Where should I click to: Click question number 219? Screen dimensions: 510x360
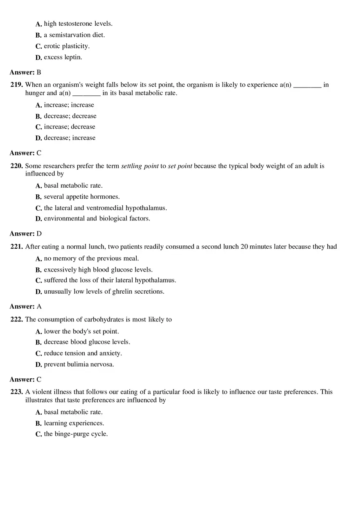pyautogui.click(x=17, y=85)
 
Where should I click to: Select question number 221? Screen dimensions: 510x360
pyautogui.click(x=17, y=247)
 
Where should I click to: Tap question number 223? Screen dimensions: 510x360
pyautogui.click(x=17, y=392)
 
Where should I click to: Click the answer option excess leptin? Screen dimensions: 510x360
pyautogui.click(x=63, y=57)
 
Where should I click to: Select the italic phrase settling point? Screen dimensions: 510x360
pyautogui.click(x=140, y=166)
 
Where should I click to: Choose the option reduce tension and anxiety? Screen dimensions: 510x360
pyautogui.click(x=83, y=353)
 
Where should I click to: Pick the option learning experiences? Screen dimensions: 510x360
pyautogui.click(x=74, y=423)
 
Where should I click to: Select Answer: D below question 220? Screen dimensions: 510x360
pyautogui.click(x=25, y=234)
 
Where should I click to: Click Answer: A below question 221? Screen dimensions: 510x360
pyautogui.click(x=25, y=306)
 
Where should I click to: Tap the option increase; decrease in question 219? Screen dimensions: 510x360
pyautogui.click(x=70, y=127)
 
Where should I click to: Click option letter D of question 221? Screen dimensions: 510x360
pyautogui.click(x=39, y=292)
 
